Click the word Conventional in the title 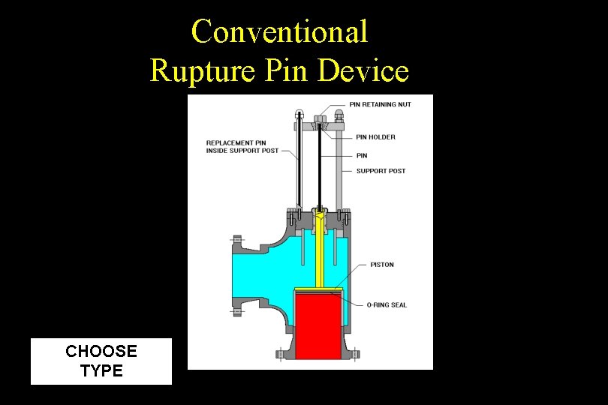(279, 31)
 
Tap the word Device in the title (363, 70)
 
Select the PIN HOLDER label (375, 137)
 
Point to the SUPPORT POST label (381, 171)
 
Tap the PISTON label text (381, 265)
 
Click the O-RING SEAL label (387, 305)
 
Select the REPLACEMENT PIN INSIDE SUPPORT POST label (242, 146)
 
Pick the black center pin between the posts (319, 165)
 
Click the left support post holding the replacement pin (299, 165)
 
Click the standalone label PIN (362, 155)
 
